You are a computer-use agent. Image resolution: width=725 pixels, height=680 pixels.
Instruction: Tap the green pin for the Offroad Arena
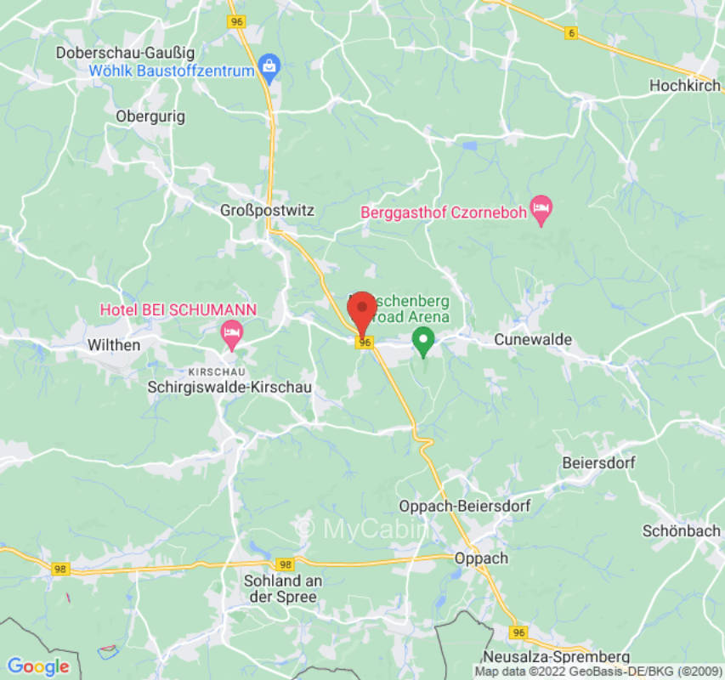[x=423, y=342]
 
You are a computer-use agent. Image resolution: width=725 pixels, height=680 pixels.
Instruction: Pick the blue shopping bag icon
[x=269, y=66]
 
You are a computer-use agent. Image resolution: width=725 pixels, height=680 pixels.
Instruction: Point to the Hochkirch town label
[x=684, y=86]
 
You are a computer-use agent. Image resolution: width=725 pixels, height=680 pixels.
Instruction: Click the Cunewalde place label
[x=533, y=340]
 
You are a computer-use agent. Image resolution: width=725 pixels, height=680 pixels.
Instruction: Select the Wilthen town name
[x=114, y=345]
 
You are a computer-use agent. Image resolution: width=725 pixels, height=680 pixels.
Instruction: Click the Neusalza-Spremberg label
[x=556, y=657]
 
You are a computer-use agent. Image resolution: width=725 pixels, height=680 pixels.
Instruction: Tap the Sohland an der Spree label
[x=280, y=589]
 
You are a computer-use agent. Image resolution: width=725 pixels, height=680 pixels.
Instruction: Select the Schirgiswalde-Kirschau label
[x=229, y=387]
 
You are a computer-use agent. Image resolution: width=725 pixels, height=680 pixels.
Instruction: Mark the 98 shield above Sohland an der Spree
[x=285, y=564]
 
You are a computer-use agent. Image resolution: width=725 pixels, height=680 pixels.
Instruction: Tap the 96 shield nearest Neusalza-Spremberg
[x=518, y=632]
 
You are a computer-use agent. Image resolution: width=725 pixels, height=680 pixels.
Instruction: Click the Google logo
[x=37, y=666]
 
